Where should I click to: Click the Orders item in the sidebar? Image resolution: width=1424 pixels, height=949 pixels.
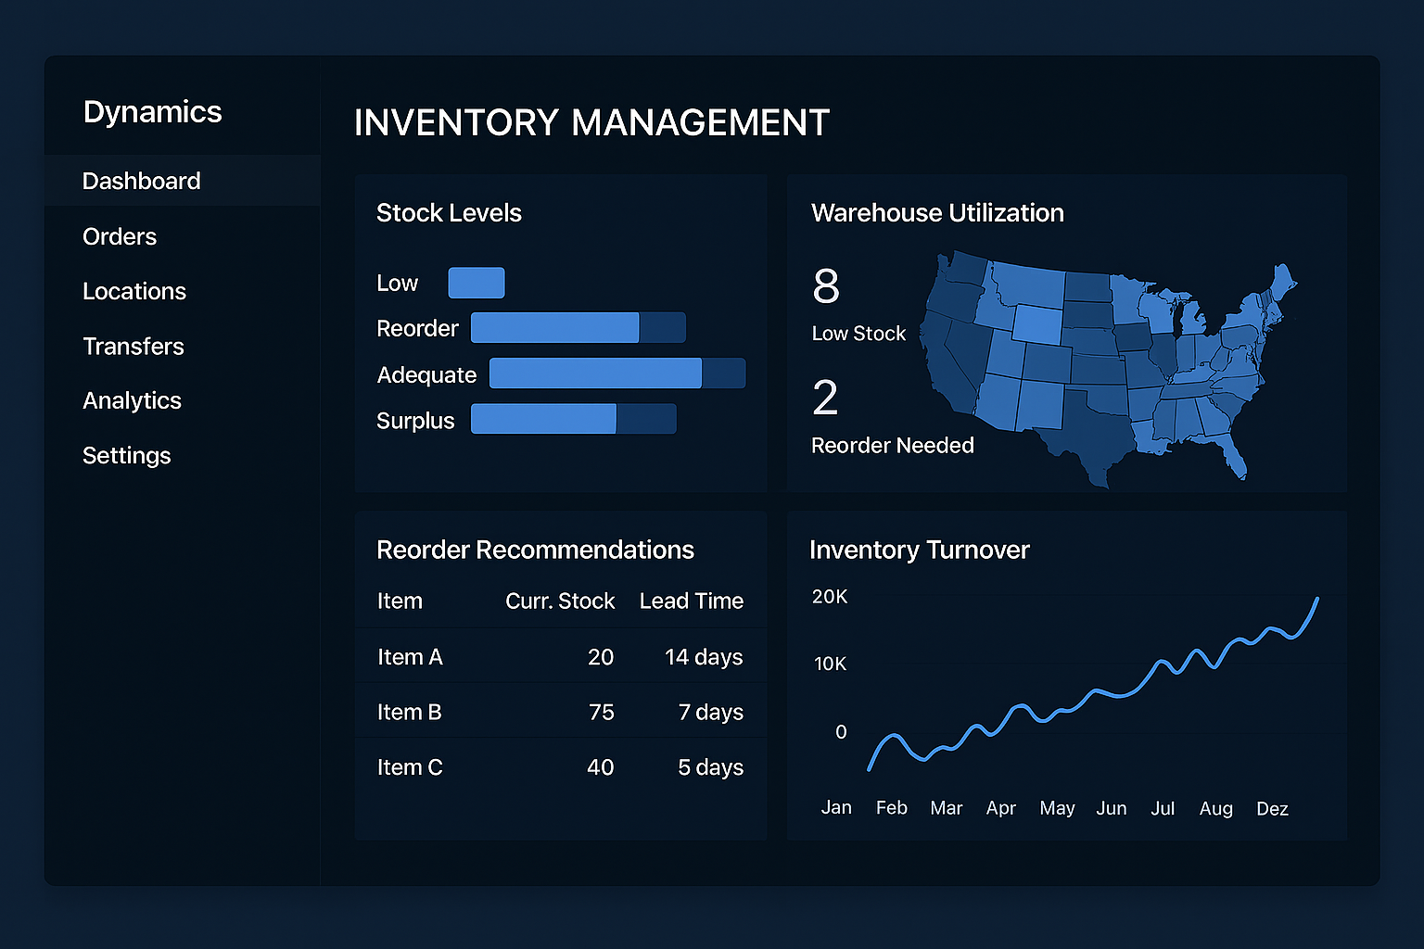[x=120, y=236]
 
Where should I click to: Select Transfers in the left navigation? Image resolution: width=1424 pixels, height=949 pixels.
[x=133, y=346]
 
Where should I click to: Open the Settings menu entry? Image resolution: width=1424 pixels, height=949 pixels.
[x=127, y=455]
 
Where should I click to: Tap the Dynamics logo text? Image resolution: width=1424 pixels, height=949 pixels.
[x=153, y=112]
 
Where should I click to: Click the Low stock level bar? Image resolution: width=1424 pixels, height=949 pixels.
[x=477, y=283]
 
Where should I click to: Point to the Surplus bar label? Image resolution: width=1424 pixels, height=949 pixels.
[x=415, y=421]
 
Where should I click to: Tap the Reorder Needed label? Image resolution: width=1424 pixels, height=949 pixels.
[x=892, y=446]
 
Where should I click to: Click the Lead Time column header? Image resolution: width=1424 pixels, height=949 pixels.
[x=692, y=601]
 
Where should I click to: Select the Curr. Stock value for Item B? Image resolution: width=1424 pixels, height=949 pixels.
[x=601, y=712]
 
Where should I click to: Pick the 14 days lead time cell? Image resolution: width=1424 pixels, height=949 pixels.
[x=704, y=657]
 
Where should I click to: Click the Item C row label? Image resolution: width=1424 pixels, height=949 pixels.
[x=410, y=767]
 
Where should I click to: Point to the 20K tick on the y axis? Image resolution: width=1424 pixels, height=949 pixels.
[x=830, y=597]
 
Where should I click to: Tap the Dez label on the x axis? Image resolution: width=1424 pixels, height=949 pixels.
[x=1272, y=809]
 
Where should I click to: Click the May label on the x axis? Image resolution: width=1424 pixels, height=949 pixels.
[x=1057, y=808]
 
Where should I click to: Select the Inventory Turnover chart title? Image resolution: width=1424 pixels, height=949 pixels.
[x=919, y=550]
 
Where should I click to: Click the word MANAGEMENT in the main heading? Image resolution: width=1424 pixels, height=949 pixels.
[x=700, y=123]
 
